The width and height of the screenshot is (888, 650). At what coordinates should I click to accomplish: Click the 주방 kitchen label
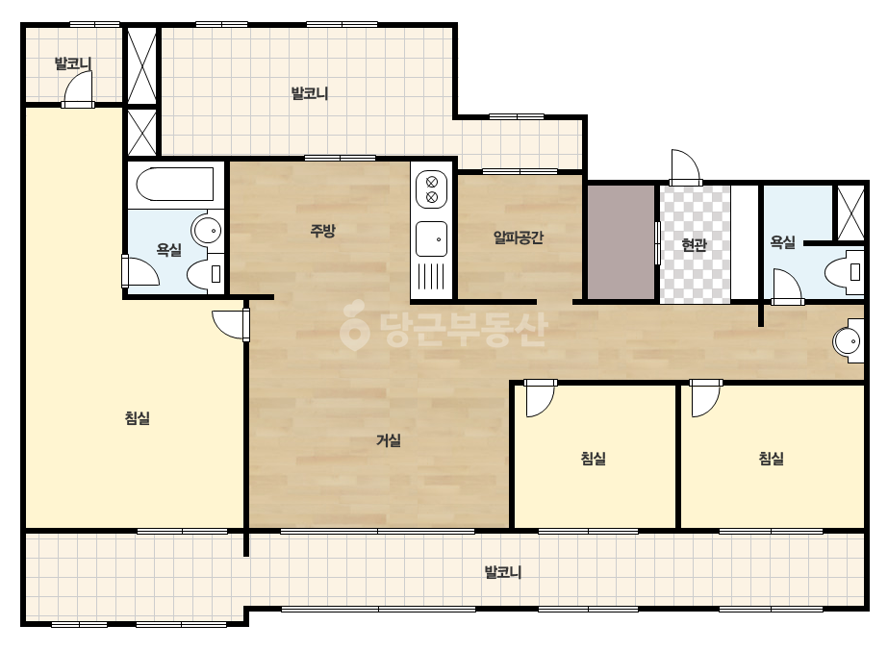(x=322, y=231)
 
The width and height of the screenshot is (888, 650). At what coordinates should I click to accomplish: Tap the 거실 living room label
(x=389, y=440)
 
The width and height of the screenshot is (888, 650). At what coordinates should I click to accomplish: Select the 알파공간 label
(x=519, y=237)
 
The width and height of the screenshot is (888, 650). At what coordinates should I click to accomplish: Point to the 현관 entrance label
(x=695, y=244)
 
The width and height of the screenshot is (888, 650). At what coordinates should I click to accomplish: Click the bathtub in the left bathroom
(x=175, y=184)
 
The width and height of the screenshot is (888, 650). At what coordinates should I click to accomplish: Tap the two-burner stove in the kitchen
(x=432, y=189)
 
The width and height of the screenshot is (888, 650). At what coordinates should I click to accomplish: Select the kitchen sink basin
(x=432, y=238)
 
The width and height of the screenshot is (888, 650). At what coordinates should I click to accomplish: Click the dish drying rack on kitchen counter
(x=432, y=277)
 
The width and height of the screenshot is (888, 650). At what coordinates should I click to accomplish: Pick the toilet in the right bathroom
(x=845, y=272)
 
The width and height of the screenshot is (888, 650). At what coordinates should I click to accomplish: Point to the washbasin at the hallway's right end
(x=849, y=340)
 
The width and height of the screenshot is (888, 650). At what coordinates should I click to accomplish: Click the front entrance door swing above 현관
(x=685, y=167)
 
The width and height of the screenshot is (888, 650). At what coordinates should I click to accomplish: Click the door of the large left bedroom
(x=231, y=325)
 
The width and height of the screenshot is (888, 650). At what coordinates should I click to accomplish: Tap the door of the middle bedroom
(x=540, y=398)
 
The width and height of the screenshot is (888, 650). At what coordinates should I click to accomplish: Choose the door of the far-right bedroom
(x=705, y=398)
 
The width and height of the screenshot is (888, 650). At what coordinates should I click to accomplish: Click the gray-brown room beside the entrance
(x=622, y=241)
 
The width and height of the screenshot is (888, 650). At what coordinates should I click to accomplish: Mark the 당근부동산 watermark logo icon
(x=354, y=325)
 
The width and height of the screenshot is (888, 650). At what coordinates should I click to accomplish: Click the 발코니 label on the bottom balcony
(x=503, y=572)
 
